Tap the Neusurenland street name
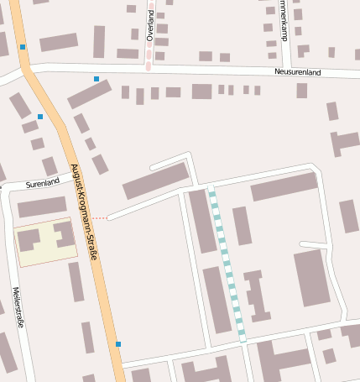(x=299, y=72)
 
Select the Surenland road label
(x=42, y=182)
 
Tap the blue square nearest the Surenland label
(x=40, y=117)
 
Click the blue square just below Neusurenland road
(x=97, y=79)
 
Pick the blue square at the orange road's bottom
(x=118, y=344)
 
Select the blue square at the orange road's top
(x=23, y=47)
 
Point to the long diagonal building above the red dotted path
(x=156, y=181)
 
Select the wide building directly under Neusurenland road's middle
(x=201, y=92)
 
